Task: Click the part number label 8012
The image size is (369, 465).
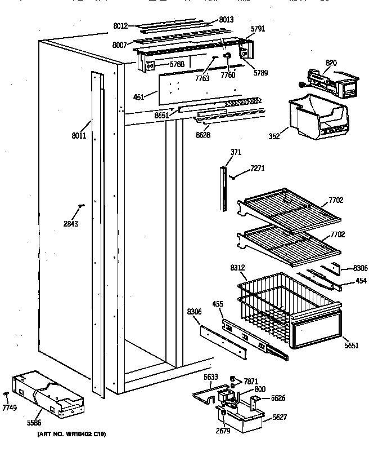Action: click(120, 25)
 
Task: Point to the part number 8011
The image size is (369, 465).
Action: click(78, 136)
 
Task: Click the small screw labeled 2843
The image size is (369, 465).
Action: click(82, 206)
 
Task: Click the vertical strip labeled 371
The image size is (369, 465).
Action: click(224, 186)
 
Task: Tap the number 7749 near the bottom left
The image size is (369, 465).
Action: click(9, 407)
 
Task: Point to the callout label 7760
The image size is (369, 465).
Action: click(228, 74)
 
